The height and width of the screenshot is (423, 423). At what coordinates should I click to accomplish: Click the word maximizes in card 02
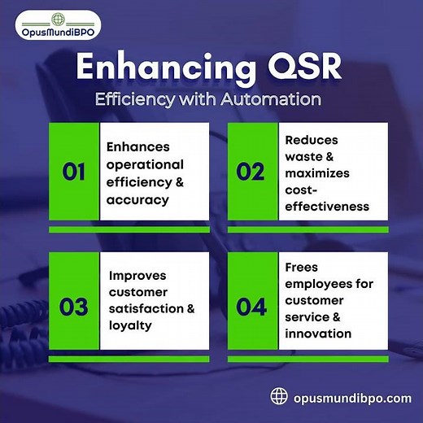316,173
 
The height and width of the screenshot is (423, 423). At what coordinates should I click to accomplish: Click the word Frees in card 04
302,267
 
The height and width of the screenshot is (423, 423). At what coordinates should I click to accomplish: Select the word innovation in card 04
318,334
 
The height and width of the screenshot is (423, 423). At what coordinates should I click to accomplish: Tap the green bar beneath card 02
306,229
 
